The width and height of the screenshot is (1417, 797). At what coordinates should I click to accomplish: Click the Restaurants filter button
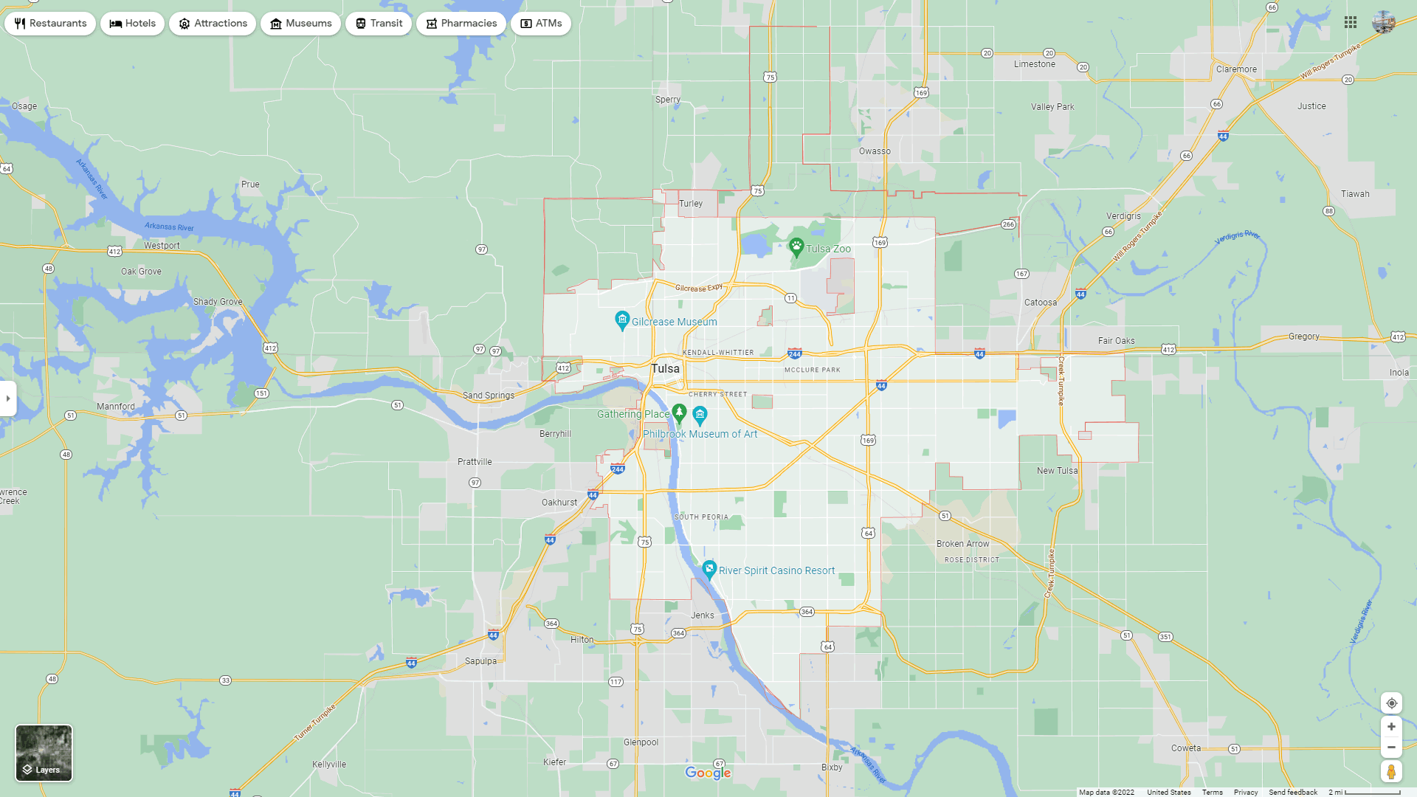coord(50,24)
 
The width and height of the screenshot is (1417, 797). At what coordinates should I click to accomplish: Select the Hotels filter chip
coord(133,24)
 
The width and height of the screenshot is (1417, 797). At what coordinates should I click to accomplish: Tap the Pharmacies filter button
coord(461,24)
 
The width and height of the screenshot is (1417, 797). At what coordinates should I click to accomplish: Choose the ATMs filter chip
coord(541,24)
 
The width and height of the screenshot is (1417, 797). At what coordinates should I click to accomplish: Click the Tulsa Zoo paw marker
coord(796,246)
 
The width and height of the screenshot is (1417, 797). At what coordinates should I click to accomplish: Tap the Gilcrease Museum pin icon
coord(622,320)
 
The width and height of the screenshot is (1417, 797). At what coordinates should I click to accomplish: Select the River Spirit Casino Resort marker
coord(709,569)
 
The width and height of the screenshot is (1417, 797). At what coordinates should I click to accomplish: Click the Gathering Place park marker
coord(680,412)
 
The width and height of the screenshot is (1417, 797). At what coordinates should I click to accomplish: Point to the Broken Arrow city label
coord(962,544)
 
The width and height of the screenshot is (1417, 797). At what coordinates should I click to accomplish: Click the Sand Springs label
coord(489,396)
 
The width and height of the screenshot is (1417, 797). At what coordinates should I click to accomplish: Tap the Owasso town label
coord(875,151)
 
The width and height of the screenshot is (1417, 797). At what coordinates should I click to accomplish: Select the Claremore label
coord(1236,69)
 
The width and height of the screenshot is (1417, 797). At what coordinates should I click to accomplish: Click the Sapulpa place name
coord(480,661)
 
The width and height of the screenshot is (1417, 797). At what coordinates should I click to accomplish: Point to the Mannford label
coord(116,407)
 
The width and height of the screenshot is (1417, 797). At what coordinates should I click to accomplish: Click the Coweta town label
coord(1186,748)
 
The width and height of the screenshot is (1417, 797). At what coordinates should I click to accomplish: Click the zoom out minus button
coord(1391,748)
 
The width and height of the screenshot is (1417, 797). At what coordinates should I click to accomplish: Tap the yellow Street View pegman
coord(1391,772)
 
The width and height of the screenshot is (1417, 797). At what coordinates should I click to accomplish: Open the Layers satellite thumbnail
coord(44,753)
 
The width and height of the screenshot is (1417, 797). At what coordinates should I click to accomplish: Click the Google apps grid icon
coord(1351,23)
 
